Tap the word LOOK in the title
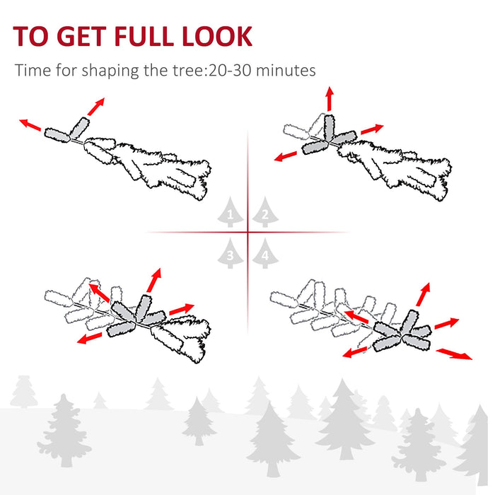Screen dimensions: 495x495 tap(218, 36)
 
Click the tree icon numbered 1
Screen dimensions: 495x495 tap(230, 212)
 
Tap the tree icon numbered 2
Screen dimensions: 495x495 tap(264, 212)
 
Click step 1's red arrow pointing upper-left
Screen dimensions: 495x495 tap(30, 125)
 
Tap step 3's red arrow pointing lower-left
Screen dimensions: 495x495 tap(88, 339)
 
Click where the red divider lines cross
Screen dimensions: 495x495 tap(248, 232)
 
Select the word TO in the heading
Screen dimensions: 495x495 tap(30, 36)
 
